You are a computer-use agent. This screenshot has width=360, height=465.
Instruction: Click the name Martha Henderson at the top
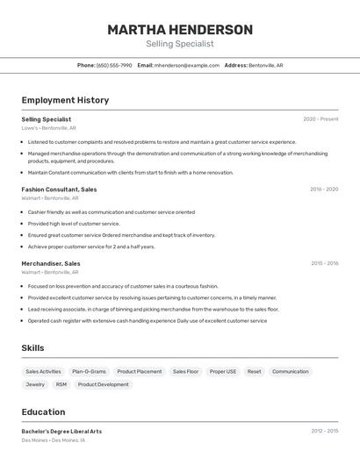click(x=180, y=30)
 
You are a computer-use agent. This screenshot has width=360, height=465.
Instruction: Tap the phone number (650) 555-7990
click(x=114, y=65)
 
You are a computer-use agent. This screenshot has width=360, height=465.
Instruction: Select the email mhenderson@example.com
click(x=186, y=65)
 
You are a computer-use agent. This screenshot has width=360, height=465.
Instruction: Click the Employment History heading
click(x=65, y=100)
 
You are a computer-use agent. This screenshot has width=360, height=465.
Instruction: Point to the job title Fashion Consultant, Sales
click(x=59, y=190)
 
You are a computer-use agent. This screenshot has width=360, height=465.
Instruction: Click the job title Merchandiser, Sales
click(x=51, y=263)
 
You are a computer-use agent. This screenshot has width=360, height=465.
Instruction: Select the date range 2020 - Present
click(x=320, y=119)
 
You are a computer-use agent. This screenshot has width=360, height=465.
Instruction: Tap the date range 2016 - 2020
click(x=324, y=190)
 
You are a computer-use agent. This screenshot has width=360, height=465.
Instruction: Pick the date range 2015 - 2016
click(x=324, y=263)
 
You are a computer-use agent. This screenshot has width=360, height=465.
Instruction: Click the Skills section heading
click(x=33, y=348)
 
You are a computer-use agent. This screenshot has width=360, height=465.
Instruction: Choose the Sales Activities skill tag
click(x=43, y=371)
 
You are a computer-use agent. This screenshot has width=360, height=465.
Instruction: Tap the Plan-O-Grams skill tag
click(x=89, y=371)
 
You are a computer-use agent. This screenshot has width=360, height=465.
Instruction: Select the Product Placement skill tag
click(x=140, y=371)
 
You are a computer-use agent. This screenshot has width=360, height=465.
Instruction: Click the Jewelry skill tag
click(x=35, y=384)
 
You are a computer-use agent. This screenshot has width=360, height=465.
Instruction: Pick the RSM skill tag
click(x=61, y=384)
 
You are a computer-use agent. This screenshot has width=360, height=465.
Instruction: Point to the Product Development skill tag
click(x=104, y=384)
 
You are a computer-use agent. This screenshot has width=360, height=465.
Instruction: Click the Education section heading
click(x=43, y=412)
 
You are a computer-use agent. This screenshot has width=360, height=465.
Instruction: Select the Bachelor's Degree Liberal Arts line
click(x=61, y=432)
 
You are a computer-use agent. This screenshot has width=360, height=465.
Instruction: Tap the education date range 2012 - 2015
click(x=324, y=432)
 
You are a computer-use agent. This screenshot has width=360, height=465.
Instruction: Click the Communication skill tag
click(x=291, y=371)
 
